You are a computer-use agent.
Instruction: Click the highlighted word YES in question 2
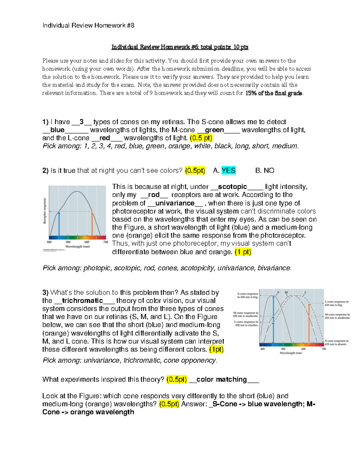[228, 170]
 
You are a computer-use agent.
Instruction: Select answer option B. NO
[265, 170]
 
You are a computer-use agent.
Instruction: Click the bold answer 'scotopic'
[232, 187]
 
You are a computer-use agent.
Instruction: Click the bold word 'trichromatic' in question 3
[82, 301]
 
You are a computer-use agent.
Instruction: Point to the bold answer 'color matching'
[221, 379]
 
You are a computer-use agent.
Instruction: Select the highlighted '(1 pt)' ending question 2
[243, 252]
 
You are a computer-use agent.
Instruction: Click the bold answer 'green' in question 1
[214, 130]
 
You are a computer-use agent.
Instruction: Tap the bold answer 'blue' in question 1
[57, 130]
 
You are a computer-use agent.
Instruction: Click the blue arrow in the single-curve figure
[59, 224]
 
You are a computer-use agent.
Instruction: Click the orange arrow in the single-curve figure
[92, 224]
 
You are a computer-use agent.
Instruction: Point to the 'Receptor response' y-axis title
[45, 211]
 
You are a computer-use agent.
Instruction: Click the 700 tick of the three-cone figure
[323, 349]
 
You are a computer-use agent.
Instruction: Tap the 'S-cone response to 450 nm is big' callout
[248, 295]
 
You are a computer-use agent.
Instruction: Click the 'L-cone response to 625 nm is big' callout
[337, 303]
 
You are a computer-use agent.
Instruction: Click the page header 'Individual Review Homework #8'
[88, 26]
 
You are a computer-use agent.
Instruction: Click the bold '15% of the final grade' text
[274, 93]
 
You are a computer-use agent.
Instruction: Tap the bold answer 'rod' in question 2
[154, 195]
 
